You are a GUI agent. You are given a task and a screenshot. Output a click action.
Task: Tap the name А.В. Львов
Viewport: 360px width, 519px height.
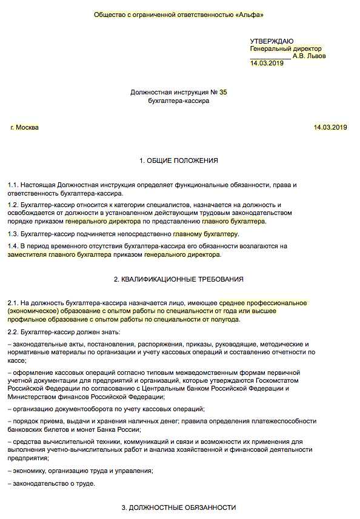click(308, 55)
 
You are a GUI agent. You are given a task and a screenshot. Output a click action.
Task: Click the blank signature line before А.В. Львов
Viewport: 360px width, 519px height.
click(270, 56)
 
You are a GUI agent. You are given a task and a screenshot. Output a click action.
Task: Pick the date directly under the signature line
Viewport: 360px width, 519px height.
click(267, 63)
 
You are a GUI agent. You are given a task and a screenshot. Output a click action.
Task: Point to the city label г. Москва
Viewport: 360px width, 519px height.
click(25, 128)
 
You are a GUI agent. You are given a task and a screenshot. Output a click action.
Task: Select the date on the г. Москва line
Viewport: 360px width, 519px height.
click(330, 128)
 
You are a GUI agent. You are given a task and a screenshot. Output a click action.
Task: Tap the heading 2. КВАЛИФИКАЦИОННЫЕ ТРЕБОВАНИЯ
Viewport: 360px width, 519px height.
click(179, 279)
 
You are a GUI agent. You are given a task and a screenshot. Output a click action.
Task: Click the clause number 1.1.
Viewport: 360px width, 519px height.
click(13, 184)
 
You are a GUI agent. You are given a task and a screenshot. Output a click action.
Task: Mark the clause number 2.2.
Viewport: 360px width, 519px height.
click(13, 332)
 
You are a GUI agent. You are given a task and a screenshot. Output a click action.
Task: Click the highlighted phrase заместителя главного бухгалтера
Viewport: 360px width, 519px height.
click(59, 255)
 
